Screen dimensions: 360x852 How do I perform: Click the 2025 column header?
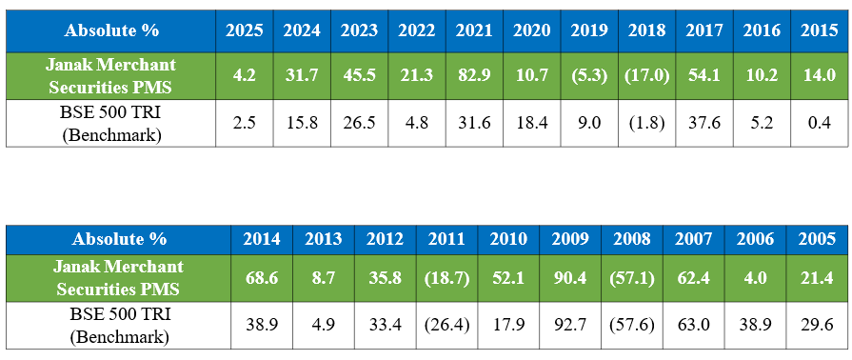[245, 30]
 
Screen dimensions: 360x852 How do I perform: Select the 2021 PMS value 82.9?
[474, 76]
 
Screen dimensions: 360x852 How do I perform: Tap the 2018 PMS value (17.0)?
[646, 76]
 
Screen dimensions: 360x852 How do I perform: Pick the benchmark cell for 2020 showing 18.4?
[532, 123]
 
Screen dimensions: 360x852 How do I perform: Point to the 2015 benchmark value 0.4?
[819, 123]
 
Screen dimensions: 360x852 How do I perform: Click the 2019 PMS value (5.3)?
[589, 76]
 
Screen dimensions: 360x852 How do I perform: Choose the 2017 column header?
[703, 30]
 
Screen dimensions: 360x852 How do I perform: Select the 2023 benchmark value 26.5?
[359, 123]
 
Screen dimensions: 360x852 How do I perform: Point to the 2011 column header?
[446, 238]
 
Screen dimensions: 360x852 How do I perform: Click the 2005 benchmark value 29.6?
[815, 325]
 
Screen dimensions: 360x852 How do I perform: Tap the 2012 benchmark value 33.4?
[385, 325]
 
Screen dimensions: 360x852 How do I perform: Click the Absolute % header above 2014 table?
[118, 238]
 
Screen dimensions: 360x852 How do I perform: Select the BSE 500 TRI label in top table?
[111, 123]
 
